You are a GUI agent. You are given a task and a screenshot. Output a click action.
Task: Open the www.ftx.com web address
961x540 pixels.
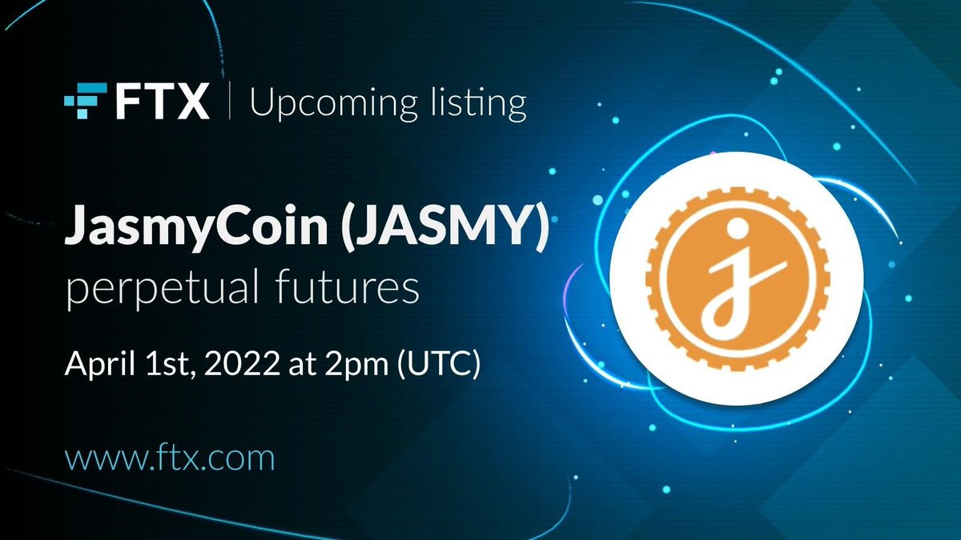[170, 459]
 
